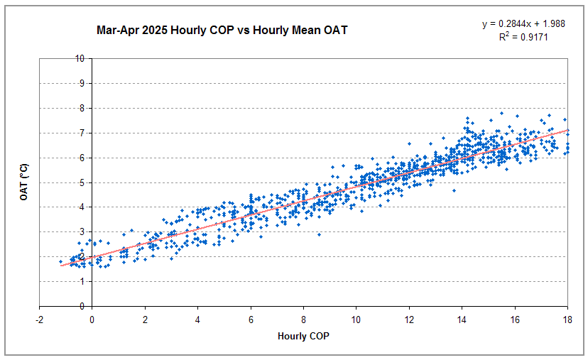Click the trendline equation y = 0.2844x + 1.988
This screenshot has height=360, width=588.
[524, 24]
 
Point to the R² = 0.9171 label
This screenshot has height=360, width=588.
[524, 36]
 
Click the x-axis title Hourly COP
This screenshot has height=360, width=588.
[303, 337]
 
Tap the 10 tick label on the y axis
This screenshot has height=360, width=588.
[81, 58]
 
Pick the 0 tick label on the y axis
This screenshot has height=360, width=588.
[83, 306]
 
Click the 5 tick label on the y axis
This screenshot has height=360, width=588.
[83, 182]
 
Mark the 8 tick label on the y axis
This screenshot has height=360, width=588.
[83, 108]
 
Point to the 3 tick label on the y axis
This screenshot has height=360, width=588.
[83, 232]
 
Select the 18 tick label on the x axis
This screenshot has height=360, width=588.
[567, 319]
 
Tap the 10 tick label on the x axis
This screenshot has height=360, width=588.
[356, 319]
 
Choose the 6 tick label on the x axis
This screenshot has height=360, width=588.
[251, 319]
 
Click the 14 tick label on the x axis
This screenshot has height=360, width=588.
[462, 319]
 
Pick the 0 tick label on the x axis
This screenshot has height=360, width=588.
[92, 319]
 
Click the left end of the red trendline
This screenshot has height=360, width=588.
[61, 266]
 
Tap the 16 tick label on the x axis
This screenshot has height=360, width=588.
[514, 319]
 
